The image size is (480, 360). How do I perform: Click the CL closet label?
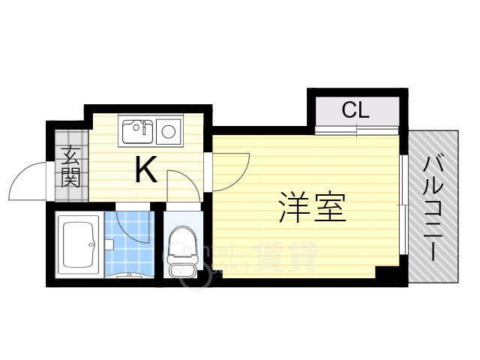[355, 110]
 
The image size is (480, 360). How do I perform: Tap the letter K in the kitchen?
[145, 171]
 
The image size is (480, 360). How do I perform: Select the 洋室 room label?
[313, 207]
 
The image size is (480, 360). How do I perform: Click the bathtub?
[79, 244]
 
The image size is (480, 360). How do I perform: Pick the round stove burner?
[169, 133]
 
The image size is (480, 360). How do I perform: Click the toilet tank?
[180, 268]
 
